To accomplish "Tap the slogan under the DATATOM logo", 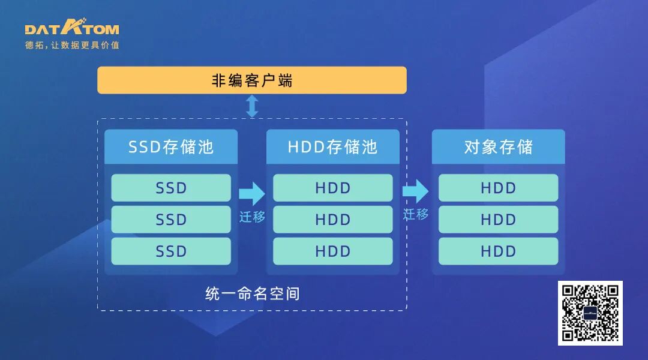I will coord(72,46).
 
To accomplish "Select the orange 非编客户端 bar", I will coord(252,80).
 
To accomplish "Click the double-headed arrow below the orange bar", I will coord(252,106).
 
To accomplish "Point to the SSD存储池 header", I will coord(171,147).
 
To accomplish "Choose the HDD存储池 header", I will coord(333,147).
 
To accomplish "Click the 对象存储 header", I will coord(498,147).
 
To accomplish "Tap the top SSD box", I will coord(171,188).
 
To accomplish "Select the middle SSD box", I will coord(171,220).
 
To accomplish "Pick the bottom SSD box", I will coord(171,251).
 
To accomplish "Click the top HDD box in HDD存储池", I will coord(333,188).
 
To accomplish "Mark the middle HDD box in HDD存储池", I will coord(333,220).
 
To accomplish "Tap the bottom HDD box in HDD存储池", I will coord(333,251).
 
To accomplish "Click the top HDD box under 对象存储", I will coord(498,188).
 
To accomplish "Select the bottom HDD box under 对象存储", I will coord(498,251).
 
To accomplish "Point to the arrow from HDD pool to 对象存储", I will coord(415,191).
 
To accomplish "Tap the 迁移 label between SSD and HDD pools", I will coord(252,217).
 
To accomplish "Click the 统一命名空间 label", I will coord(252,294).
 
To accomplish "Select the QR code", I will coord(590,313).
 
